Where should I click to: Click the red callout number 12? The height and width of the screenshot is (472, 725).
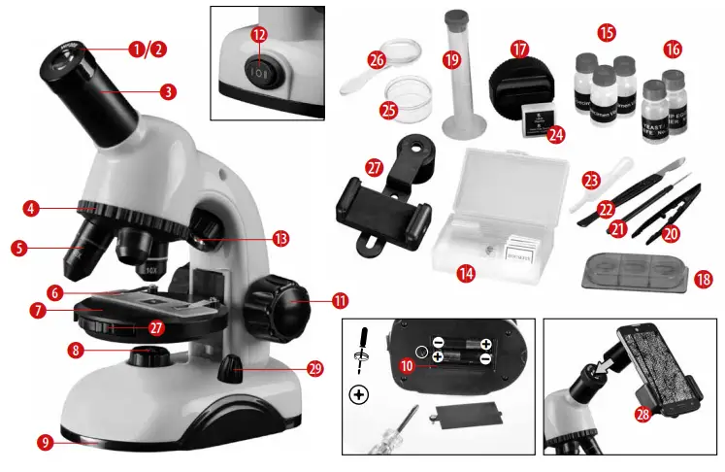pos(259,34)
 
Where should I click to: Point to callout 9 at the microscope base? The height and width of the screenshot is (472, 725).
pos(46,442)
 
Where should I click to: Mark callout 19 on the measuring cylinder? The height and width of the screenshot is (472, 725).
pos(450,60)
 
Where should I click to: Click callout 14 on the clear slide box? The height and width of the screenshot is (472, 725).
pos(467,274)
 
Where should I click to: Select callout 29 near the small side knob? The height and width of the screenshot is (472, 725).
pos(313,368)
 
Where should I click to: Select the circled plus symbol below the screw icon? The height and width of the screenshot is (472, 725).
pos(359,394)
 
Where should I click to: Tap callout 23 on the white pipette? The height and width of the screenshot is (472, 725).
pos(591,180)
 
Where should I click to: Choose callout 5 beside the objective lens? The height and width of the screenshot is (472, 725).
pos(18,248)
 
